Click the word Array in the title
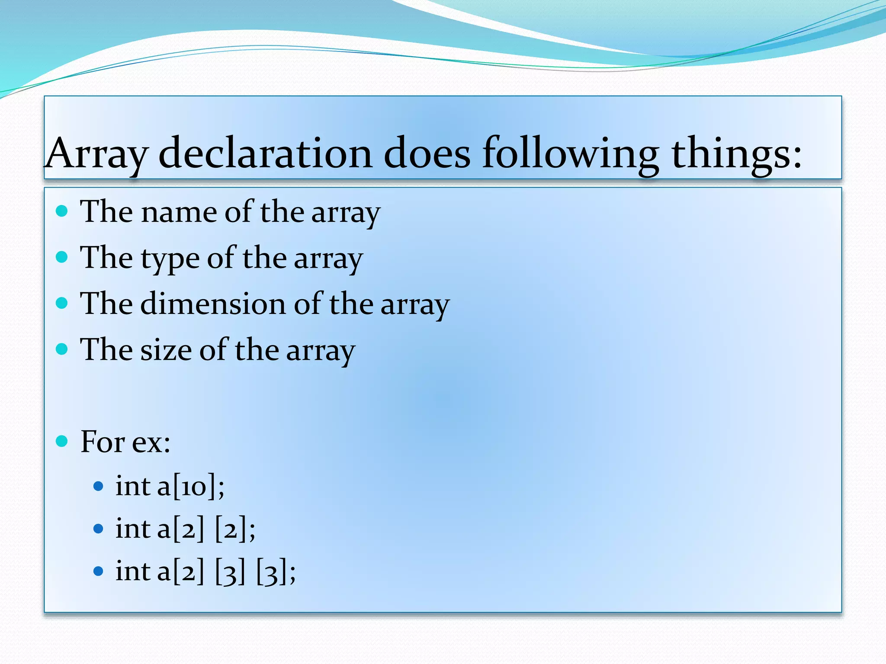[x=97, y=153]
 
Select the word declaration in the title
[x=265, y=153]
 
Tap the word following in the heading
[x=571, y=153]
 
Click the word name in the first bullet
[x=179, y=212]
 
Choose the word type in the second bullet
[x=170, y=258]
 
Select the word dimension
[x=213, y=303]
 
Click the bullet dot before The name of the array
[x=62, y=211]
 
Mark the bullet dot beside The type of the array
[x=62, y=257]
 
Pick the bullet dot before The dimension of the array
[x=62, y=303]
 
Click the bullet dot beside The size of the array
[x=62, y=349]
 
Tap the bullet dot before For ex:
[x=62, y=441]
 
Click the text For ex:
[x=125, y=442]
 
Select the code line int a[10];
[x=170, y=486]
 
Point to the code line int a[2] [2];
[x=185, y=529]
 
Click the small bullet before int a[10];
[x=99, y=486]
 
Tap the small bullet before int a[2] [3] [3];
[x=99, y=571]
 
